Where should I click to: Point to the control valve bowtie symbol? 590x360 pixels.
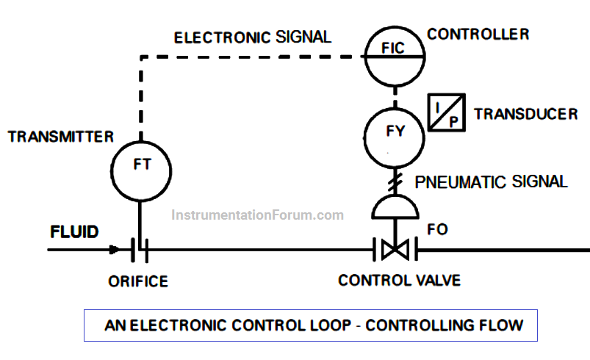(395, 250)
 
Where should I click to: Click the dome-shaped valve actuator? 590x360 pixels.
(395, 206)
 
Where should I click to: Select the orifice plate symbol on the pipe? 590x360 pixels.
(140, 250)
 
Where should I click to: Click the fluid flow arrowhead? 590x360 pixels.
(115, 249)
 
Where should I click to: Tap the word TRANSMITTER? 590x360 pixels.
(60, 137)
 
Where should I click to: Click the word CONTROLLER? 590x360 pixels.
(478, 35)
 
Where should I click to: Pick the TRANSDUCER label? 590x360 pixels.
(525, 114)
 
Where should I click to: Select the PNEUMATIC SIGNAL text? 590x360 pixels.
(491, 181)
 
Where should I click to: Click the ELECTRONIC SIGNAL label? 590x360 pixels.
(253, 37)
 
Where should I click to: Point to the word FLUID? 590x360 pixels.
(74, 231)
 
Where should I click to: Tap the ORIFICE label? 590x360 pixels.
(138, 281)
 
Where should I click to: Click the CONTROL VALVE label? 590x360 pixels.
(399, 280)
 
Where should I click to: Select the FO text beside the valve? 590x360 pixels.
(437, 229)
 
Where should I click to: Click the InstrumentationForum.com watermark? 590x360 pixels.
(257, 215)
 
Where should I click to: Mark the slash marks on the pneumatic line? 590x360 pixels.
(395, 181)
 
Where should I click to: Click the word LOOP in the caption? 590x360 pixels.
(330, 325)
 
